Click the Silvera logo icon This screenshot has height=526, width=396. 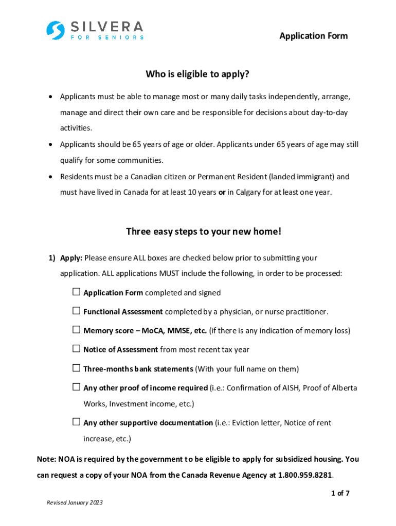pos(55,30)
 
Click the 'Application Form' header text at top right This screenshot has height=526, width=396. pos(313,36)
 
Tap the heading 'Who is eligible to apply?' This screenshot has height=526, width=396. pos(197,74)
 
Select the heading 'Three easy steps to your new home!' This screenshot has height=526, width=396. pos(204,232)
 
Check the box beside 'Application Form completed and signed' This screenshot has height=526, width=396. pos(76,292)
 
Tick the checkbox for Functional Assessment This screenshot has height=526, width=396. pos(76,311)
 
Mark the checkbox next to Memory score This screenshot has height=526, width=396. pos(76,330)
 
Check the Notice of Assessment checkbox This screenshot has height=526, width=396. pos(76,349)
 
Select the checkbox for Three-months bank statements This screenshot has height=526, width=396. pos(76,368)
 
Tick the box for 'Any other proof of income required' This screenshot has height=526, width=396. pos(76,387)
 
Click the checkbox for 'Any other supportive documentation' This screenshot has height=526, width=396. pos(76,422)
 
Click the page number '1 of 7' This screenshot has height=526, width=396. pos(340,494)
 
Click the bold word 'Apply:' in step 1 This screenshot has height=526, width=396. pos(71,258)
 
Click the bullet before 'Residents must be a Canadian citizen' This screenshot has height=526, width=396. pos(50,177)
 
